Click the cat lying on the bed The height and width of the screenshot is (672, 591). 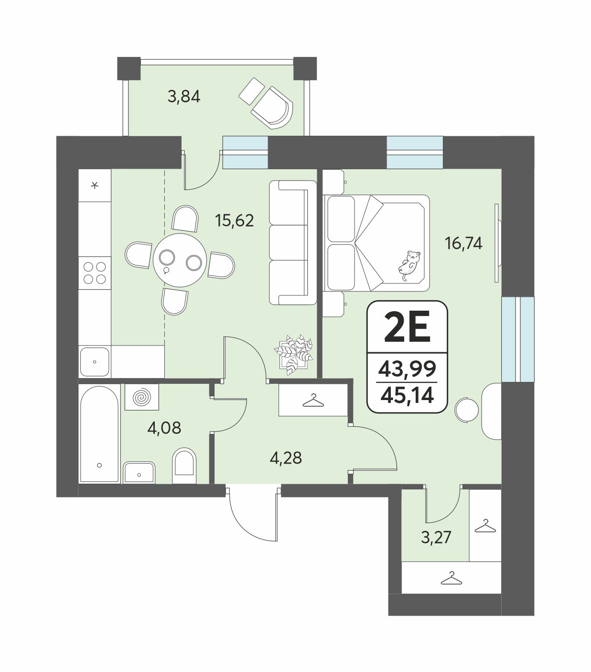[409, 265]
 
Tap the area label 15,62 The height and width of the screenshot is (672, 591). [235, 220]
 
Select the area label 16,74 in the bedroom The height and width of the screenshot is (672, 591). [463, 243]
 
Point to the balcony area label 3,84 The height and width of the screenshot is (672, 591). [184, 97]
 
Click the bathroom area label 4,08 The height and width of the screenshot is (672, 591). [164, 428]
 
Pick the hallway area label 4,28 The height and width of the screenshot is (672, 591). [286, 458]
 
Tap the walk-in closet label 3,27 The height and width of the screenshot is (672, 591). [436, 537]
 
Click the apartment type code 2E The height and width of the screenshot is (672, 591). [407, 327]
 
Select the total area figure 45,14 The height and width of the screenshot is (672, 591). [407, 395]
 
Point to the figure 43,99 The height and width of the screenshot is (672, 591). [407, 369]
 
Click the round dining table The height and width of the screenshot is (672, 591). [180, 260]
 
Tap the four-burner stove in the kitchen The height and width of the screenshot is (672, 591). [95, 272]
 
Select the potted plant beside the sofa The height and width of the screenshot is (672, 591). [294, 355]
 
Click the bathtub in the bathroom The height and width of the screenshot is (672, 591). [99, 434]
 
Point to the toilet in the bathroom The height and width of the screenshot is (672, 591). [184, 465]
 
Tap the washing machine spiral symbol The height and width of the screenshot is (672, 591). [141, 397]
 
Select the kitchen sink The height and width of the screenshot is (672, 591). [95, 362]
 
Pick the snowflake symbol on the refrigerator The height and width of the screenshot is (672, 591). [95, 185]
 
